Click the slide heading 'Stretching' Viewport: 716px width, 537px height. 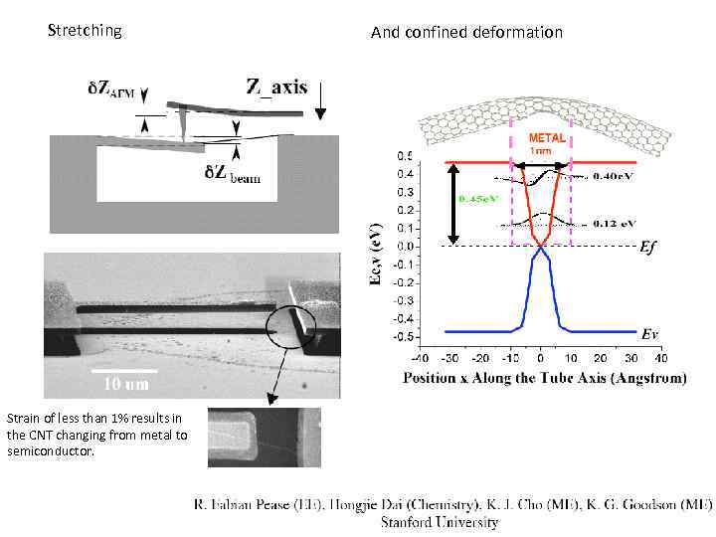point(85,31)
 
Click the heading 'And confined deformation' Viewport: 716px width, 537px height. point(466,33)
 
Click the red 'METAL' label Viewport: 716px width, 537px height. point(547,138)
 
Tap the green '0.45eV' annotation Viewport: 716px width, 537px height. point(475,198)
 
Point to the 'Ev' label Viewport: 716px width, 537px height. point(649,334)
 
